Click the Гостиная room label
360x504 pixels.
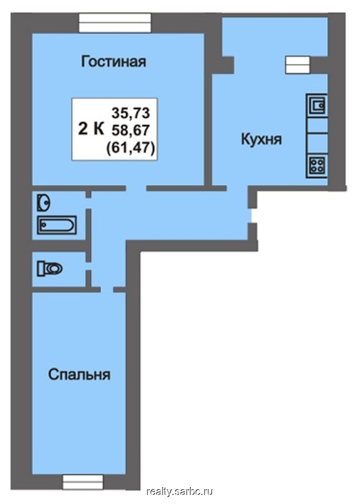coord(113,62)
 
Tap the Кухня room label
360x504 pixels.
coord(261,140)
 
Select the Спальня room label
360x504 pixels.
coord(79,375)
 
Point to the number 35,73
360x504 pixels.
coord(131,112)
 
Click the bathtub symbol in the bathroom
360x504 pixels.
coord(57,225)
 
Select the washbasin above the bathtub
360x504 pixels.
coord(44,201)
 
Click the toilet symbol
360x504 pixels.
coord(50,269)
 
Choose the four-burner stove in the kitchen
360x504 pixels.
coord(317,165)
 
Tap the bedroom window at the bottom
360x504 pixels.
coord(82,481)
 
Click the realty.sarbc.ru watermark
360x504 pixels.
coord(180,491)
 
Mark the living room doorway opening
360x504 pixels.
coord(136,187)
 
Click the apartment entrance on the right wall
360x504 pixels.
coord(252,215)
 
